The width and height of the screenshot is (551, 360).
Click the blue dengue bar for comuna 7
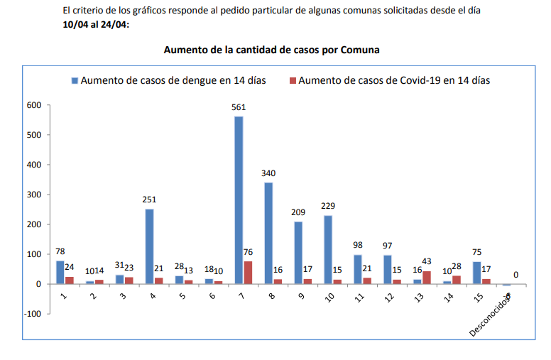point(239,200)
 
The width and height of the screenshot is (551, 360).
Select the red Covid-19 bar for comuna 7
point(248,273)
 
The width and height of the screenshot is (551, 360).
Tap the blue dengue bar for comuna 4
point(149,246)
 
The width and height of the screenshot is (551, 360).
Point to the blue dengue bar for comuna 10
point(328,249)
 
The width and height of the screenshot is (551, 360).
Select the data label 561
point(239,108)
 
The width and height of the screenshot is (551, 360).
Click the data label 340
point(268,173)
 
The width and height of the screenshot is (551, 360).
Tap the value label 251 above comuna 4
point(149,200)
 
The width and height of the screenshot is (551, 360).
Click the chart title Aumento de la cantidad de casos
point(272,50)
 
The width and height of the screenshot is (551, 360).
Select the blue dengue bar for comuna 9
point(298,253)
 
